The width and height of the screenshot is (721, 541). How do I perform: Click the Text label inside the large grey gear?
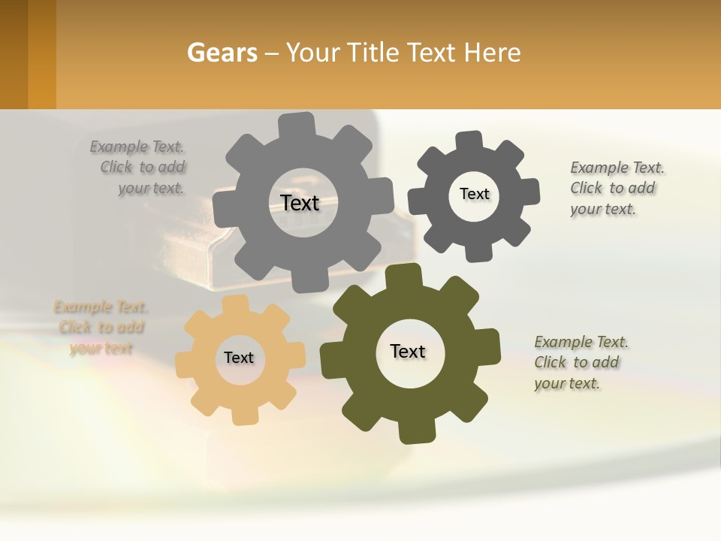[x=300, y=203]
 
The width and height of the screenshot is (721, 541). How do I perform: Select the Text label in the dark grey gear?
[x=474, y=194]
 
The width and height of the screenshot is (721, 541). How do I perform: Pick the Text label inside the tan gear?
[x=239, y=358]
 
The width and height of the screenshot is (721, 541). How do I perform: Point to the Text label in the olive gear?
[x=408, y=351]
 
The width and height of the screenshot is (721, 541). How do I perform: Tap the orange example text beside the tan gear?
[x=101, y=328]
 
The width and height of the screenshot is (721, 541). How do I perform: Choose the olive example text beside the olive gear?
[x=580, y=362]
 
